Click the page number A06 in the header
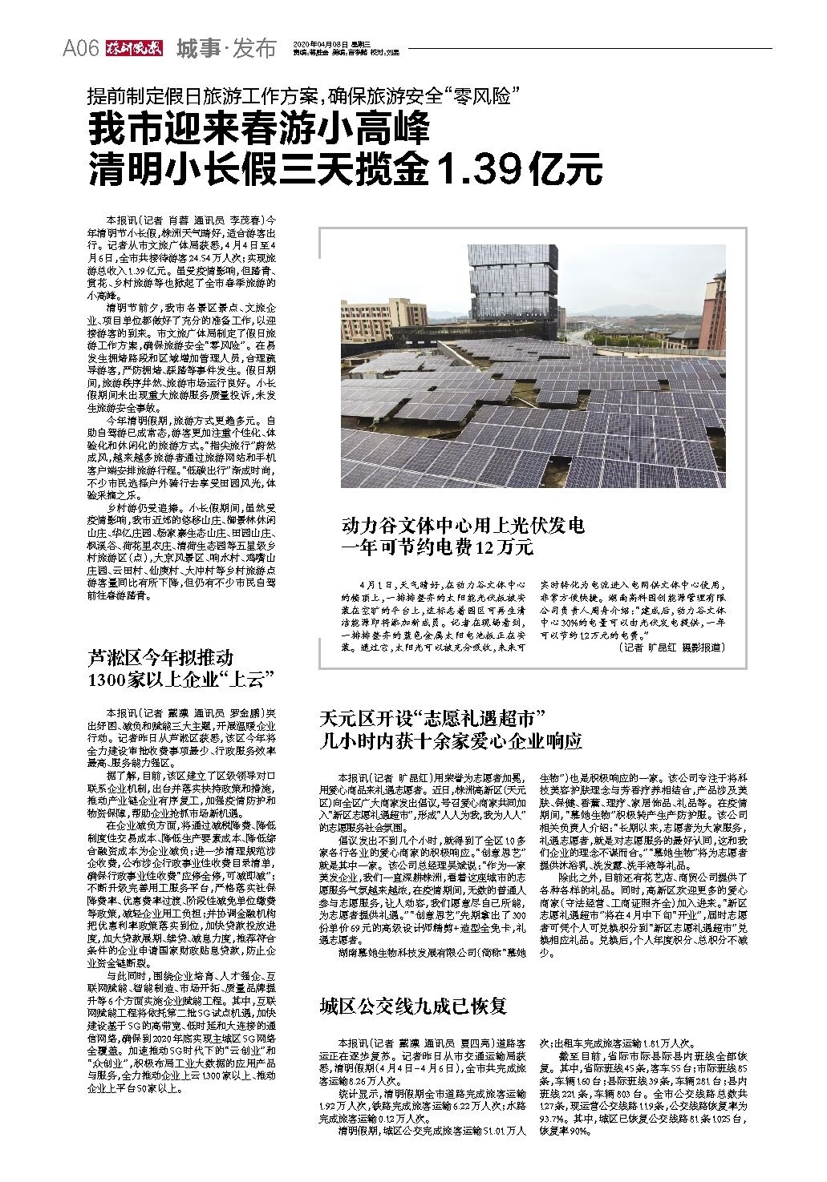coord(81,49)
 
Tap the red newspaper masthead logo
coord(134,49)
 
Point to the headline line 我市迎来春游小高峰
coord(260,130)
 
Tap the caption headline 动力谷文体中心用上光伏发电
coord(464,526)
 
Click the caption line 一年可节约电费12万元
coord(437,548)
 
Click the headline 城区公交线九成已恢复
coord(413,1006)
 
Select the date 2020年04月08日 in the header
coord(322,43)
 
